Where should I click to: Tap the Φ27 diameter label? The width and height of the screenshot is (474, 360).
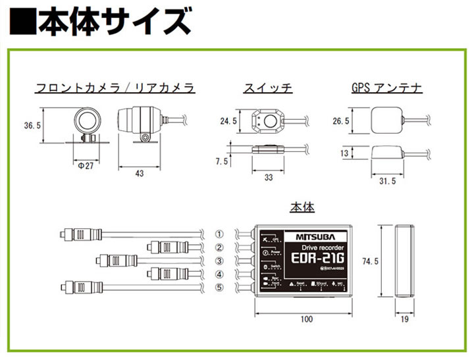pyautogui.click(x=84, y=165)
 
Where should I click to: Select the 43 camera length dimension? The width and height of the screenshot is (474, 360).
pyautogui.click(x=139, y=172)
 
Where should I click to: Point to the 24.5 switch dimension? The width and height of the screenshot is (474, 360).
pyautogui.click(x=228, y=121)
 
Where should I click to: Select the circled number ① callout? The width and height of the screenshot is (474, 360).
pyautogui.click(x=220, y=234)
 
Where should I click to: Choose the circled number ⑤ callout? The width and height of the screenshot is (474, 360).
pyautogui.click(x=220, y=287)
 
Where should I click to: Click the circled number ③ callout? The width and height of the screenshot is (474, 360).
pyautogui.click(x=220, y=261)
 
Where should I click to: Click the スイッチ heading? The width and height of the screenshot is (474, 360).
pyautogui.click(x=268, y=88)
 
